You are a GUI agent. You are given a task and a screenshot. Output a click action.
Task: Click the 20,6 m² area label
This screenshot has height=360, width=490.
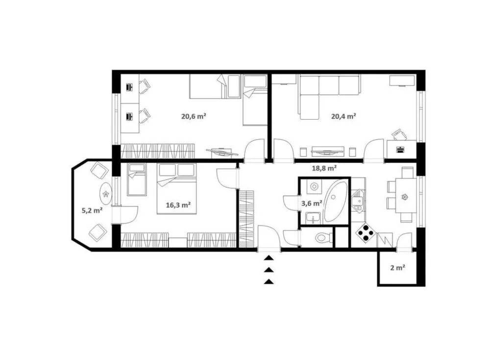coord(194,116)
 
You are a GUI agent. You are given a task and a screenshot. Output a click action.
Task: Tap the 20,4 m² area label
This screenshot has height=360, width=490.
coord(344,116)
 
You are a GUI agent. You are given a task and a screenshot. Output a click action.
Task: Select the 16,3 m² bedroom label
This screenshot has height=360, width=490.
coord(178,205)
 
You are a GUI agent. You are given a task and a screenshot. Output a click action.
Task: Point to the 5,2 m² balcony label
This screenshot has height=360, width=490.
coord(92,210)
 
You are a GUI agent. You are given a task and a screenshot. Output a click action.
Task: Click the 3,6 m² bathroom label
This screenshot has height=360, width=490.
coord(312,204)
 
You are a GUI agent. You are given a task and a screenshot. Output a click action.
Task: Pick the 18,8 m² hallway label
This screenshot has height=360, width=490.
coord(324,168)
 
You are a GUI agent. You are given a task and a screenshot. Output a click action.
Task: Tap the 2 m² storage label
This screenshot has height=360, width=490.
coord(398,268)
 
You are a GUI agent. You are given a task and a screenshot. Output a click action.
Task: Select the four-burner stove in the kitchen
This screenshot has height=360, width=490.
coord(366,232)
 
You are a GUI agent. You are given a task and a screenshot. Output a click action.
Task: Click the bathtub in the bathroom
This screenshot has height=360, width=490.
coord(336,202)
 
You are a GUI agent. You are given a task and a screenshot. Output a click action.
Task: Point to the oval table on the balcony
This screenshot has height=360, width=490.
coord(106,194)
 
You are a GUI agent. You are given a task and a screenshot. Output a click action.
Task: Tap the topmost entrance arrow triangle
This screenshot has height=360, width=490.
coord(269,257)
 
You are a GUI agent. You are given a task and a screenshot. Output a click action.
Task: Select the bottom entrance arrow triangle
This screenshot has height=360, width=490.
coord(269,282)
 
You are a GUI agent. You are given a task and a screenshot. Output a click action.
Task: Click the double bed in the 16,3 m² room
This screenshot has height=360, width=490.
coord(176,189)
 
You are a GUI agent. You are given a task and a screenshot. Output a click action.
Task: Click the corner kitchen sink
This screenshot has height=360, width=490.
coord(358,201)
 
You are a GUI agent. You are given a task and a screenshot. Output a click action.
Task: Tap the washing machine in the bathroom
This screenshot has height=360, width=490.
coord(314,187)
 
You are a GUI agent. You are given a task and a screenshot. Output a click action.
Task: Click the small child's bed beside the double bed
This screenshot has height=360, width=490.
coord(137,180)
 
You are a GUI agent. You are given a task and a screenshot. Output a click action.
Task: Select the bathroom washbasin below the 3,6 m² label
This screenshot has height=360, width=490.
coord(313,218)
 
